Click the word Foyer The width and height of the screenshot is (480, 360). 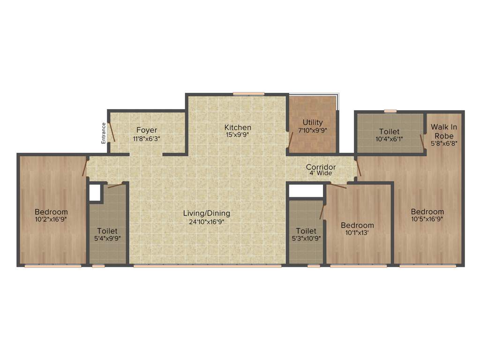(x=147, y=130)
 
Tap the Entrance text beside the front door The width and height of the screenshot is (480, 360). (x=104, y=132)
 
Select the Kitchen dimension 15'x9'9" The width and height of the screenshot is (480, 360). (x=238, y=135)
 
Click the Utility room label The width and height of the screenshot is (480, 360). (x=313, y=122)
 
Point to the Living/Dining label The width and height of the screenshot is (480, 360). (x=206, y=213)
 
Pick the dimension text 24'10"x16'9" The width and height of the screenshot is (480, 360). (x=206, y=221)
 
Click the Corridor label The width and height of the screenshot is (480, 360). (x=321, y=167)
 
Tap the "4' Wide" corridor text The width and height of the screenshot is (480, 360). (x=321, y=173)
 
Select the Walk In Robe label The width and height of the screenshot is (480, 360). (x=443, y=131)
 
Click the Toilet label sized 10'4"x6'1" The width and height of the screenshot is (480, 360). (x=389, y=132)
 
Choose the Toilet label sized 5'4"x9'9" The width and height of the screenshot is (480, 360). (x=107, y=231)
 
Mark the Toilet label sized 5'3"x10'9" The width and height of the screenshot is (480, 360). (x=306, y=231)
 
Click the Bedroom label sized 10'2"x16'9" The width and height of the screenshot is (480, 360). (x=51, y=212)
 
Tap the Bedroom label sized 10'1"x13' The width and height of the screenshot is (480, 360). (x=357, y=225)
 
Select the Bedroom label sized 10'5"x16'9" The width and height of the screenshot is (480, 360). (x=427, y=211)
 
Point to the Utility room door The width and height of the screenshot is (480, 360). (x=291, y=139)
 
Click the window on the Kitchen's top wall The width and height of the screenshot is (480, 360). (x=248, y=94)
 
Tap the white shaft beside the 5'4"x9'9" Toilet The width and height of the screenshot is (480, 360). (x=95, y=193)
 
